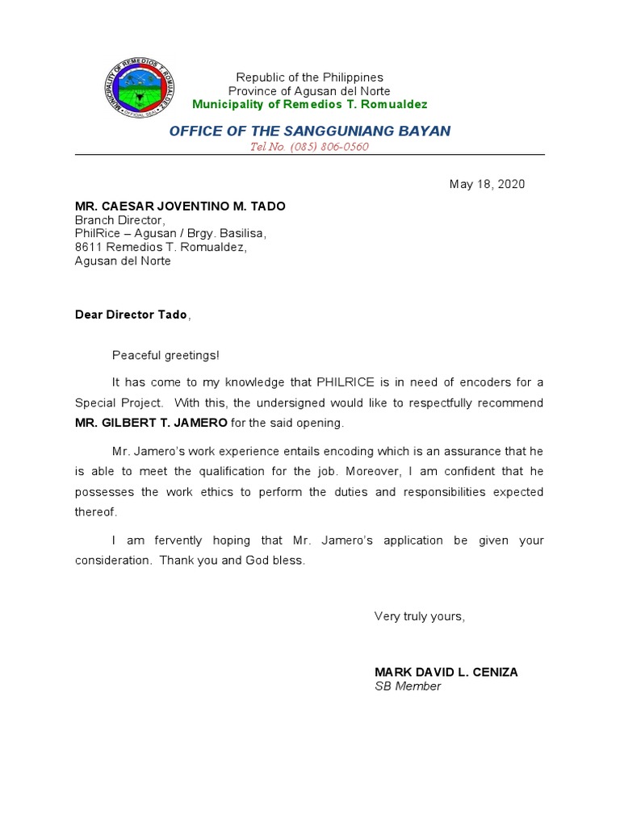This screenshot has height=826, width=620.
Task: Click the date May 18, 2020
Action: pos(487,184)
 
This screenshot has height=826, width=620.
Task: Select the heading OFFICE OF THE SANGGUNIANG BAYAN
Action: pos(310,131)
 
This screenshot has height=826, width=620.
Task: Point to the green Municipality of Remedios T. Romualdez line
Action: pos(310,105)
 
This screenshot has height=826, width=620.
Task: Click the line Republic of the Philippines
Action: pos(310,77)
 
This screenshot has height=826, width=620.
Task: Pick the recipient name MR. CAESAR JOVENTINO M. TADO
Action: pos(180,206)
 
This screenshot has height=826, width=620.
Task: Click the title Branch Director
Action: pos(119,220)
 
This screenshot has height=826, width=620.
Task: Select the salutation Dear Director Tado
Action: pos(131,315)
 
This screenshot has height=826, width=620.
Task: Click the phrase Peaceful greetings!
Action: pos(165,355)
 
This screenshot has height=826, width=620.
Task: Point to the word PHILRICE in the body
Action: pos(345,382)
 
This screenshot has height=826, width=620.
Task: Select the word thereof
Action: pos(95,511)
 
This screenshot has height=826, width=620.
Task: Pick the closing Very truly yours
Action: pos(419,616)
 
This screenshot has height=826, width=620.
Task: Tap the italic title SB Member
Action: pos(408,686)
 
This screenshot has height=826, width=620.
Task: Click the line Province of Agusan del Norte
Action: pos(310,91)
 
